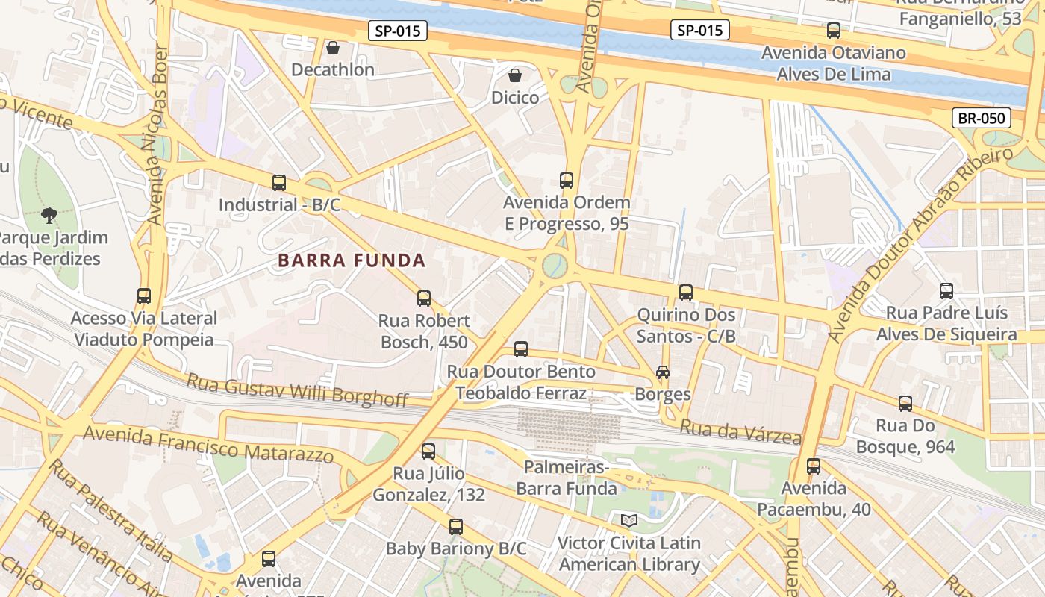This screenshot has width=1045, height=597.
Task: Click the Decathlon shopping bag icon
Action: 333,48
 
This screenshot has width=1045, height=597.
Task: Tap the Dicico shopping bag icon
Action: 515,75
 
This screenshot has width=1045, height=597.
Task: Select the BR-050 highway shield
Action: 982,118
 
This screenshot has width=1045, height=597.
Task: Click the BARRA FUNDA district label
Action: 352,260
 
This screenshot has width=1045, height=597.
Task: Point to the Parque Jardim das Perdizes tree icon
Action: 50,216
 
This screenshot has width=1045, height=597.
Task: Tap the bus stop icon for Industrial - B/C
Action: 279,183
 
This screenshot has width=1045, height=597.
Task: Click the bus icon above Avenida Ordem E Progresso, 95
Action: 567,181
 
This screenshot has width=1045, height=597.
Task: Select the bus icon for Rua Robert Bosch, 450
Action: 424,298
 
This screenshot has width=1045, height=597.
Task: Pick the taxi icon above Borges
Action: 662,372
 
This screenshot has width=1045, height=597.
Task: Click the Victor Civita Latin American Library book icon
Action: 629,520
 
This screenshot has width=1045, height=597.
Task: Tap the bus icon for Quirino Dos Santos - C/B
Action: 686,293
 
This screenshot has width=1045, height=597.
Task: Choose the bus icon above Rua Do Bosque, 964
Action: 905,404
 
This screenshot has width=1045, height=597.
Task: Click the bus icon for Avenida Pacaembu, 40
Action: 814,466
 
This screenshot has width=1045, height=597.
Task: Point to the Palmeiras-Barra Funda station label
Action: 567,478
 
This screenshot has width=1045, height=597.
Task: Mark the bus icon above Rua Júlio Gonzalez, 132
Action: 428,451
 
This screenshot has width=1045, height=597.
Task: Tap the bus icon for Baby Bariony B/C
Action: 456,527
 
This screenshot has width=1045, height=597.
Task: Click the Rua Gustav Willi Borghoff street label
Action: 297,390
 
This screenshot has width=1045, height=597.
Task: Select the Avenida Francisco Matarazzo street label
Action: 209,443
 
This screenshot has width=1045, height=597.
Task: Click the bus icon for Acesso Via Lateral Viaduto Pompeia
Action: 144,296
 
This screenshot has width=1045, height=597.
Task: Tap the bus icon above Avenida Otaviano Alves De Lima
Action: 834,31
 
